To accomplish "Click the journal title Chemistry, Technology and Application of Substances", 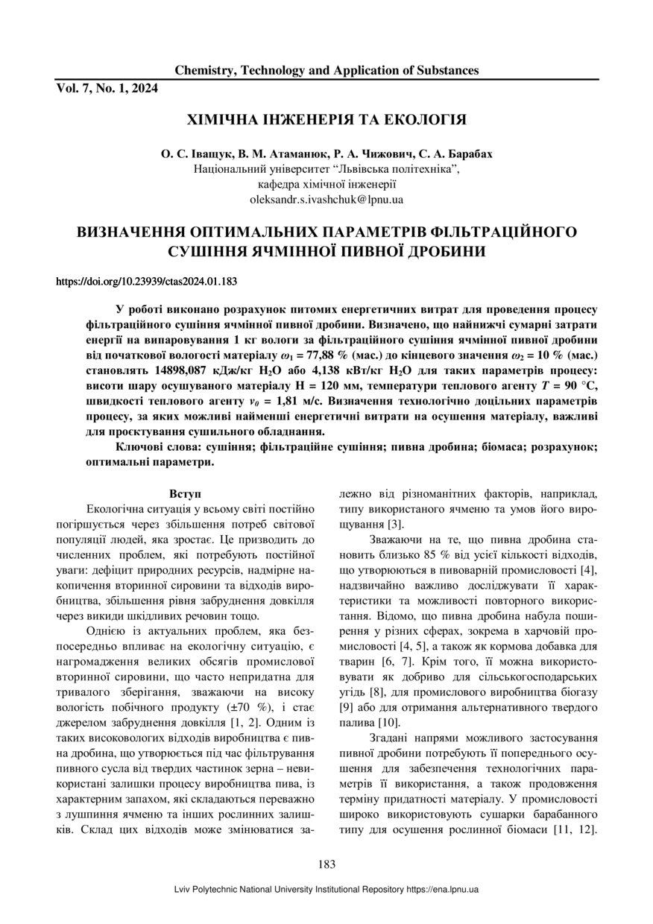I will point(326,71).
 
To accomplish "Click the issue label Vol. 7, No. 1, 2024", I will point(107,88).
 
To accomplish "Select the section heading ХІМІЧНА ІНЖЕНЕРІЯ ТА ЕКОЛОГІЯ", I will point(326,120).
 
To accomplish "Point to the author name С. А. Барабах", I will point(458,155).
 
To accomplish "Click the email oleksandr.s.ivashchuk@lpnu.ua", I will point(326,200).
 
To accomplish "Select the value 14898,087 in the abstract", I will point(191,370).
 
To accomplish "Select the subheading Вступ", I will point(183,493).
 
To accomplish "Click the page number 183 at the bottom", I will point(326,864).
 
